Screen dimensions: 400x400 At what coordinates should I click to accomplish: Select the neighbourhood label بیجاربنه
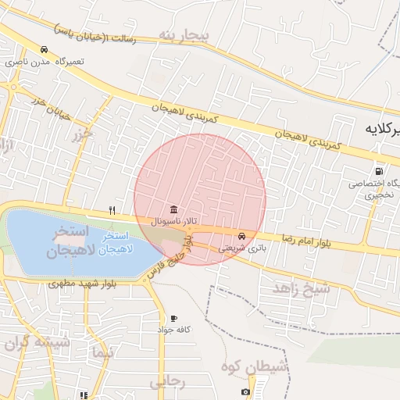point(184,35)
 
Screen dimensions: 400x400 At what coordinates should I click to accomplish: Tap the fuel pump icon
point(379,171)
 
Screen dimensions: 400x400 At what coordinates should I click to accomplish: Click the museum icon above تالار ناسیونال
point(173,210)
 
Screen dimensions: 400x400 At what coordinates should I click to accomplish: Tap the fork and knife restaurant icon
point(112,209)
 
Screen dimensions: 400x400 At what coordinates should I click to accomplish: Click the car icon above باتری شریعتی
point(241,236)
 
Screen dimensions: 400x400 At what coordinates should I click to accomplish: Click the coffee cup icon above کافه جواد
point(173,319)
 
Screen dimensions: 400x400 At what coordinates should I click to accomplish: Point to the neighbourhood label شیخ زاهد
point(302,289)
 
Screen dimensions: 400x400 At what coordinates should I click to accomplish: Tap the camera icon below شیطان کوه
point(246,391)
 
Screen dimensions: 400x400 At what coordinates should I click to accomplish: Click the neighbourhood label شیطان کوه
point(255,366)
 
